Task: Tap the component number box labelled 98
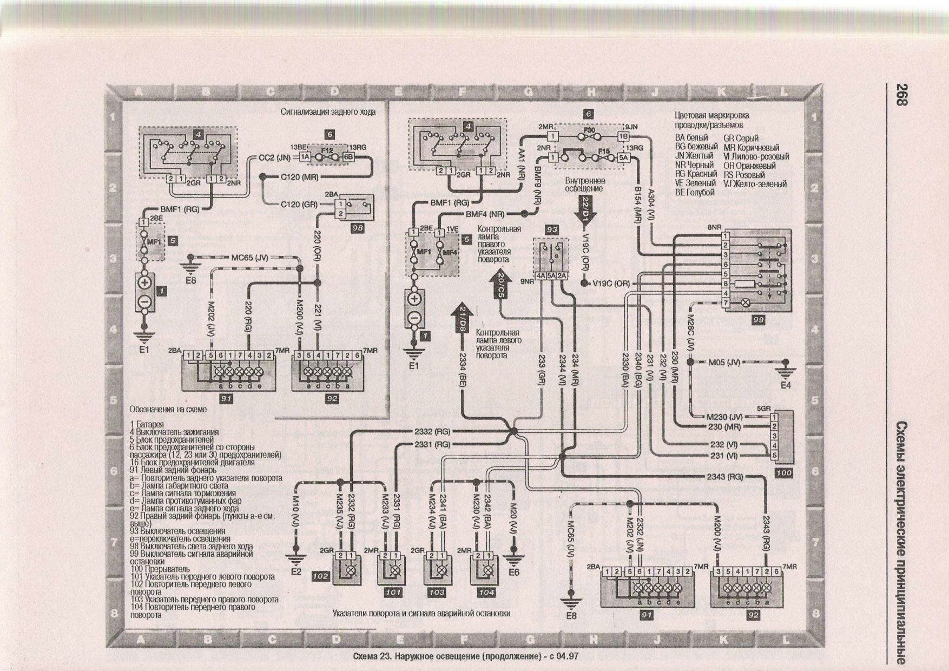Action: (357, 228)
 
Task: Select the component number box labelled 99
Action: (758, 320)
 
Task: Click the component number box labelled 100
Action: (783, 472)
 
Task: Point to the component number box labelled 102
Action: (320, 576)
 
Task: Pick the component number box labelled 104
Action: (486, 592)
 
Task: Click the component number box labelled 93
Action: (552, 229)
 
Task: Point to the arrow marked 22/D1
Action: (587, 208)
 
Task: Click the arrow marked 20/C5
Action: (501, 285)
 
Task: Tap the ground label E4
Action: (786, 385)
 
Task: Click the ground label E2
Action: (296, 571)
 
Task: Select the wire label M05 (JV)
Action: (724, 362)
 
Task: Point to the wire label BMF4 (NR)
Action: (485, 214)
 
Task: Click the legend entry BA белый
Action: (691, 138)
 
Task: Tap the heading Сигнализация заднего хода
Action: (328, 111)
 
